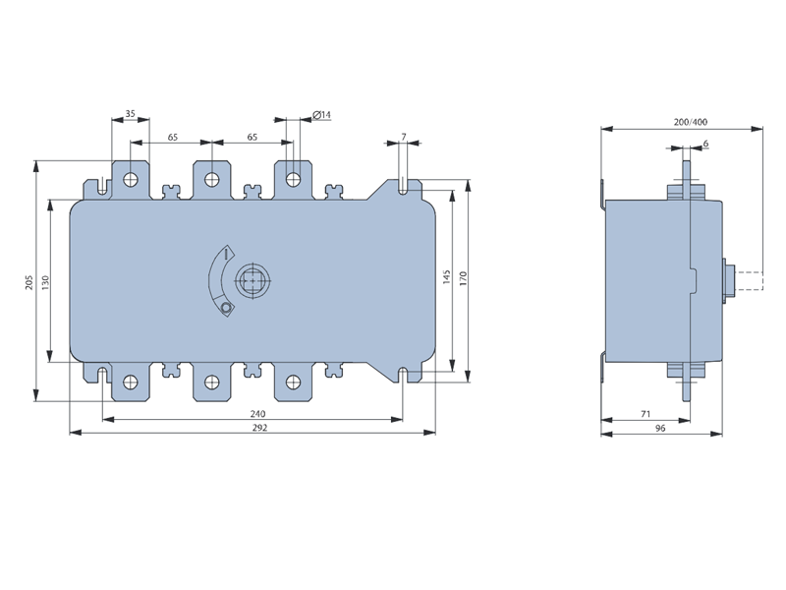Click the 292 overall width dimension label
tap(259, 428)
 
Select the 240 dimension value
tap(257, 414)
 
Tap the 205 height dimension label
tap(29, 281)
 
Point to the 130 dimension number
tap(45, 282)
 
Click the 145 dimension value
tap(447, 277)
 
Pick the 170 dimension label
tap(463, 278)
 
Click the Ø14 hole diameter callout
tap(322, 115)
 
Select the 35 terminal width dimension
tap(131, 114)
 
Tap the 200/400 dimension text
tap(691, 122)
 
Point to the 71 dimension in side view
tap(646, 414)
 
